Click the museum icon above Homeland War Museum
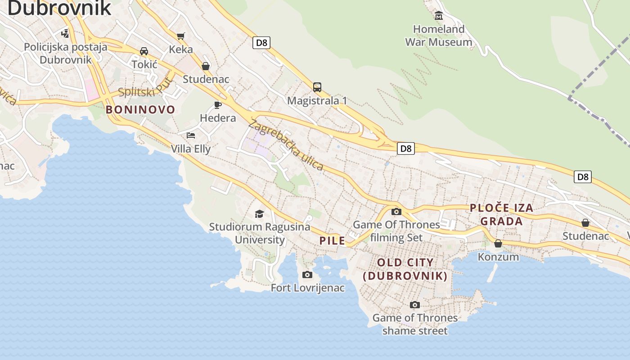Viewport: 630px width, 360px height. pos(439,16)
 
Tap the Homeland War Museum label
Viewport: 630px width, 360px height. pos(439,36)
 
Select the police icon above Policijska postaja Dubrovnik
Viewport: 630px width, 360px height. pos(65,33)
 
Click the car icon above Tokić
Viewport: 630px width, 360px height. pos(144,51)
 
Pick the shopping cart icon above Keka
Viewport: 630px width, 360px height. pos(181,36)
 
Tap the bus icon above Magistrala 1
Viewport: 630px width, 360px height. pos(317,87)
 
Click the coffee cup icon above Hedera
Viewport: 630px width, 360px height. pos(218,105)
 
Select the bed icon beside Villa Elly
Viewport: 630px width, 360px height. pos(191,135)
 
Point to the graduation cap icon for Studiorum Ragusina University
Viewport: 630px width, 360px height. pos(259,214)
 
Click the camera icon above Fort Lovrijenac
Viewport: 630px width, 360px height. pos(307,274)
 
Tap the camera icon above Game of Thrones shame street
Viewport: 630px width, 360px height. pos(415,305)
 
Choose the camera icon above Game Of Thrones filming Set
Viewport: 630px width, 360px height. pos(396,211)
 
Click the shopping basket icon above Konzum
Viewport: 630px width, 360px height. pos(498,243)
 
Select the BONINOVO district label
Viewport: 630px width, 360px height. pos(140,109)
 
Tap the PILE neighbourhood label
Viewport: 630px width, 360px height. pos(332,240)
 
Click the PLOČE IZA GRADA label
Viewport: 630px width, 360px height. pos(502,214)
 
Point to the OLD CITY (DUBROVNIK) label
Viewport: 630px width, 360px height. pos(405,269)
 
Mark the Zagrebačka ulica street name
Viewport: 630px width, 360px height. pos(285,145)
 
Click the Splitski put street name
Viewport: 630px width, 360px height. pos(145,88)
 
